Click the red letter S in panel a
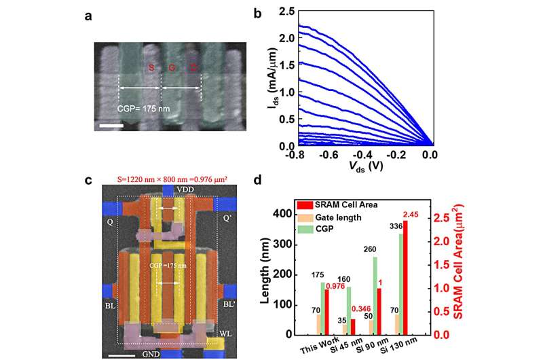pyautogui.click(x=151, y=67)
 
